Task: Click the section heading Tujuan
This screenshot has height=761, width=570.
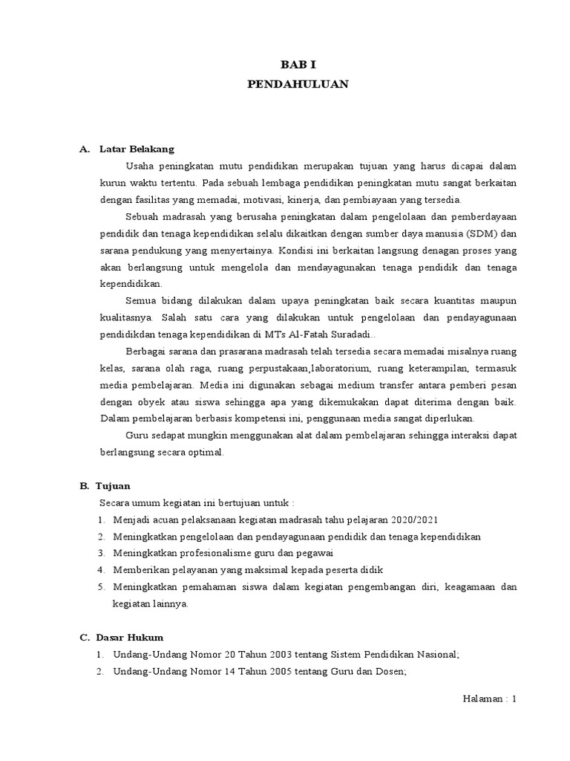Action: click(x=113, y=486)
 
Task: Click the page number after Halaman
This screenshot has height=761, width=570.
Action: click(x=513, y=699)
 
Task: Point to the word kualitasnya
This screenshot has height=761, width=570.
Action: click(x=123, y=317)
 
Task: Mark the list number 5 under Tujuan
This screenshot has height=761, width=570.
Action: click(x=100, y=586)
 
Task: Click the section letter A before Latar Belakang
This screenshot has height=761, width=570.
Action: click(x=83, y=149)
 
